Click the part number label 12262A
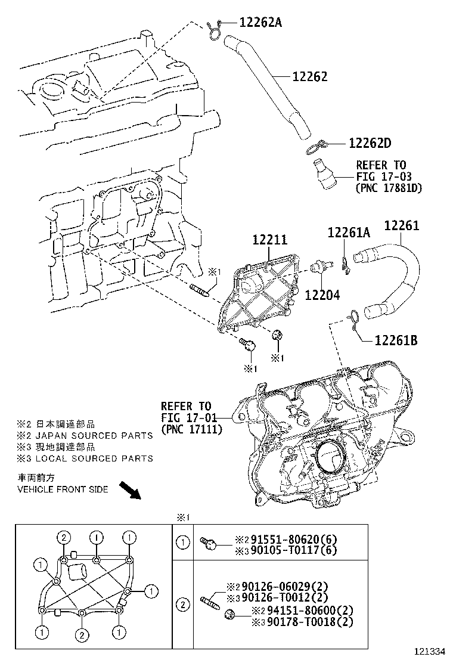tap(260, 23)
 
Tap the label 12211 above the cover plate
tap(269, 240)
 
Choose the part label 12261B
tap(396, 340)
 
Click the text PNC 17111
tap(191, 429)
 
